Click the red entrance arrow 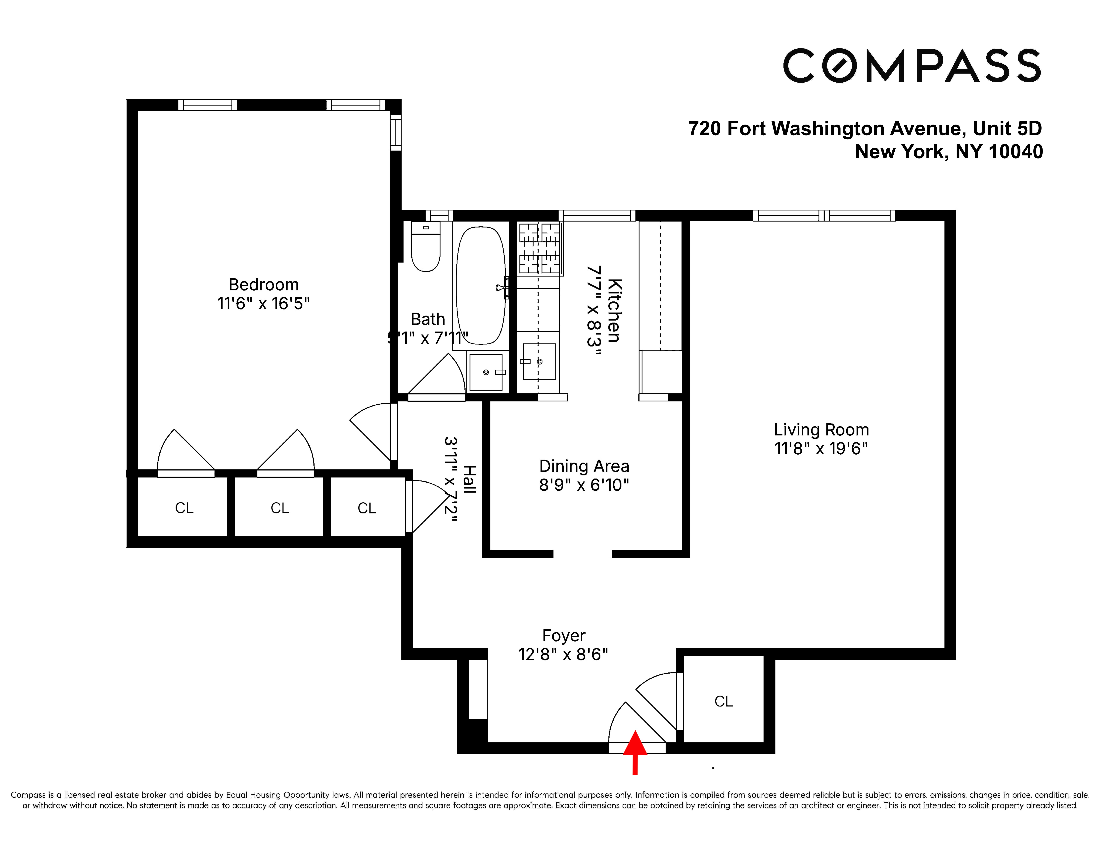[635, 751]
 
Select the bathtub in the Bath [480, 285]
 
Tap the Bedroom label [264, 284]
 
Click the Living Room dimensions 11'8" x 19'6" [821, 448]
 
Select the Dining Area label [584, 466]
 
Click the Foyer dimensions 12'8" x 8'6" [563, 654]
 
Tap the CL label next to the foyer [723, 701]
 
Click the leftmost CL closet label [184, 508]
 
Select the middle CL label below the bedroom [279, 508]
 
